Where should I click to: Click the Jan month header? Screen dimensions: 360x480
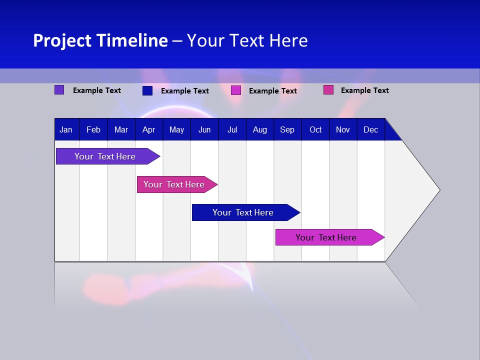pyautogui.click(x=66, y=130)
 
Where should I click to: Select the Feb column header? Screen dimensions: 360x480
pyautogui.click(x=93, y=130)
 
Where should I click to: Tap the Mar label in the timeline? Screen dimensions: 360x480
pyautogui.click(x=121, y=130)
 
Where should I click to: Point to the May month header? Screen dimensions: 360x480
pyautogui.click(x=176, y=130)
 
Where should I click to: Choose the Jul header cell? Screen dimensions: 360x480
pyautogui.click(x=232, y=130)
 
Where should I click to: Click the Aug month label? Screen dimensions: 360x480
pyautogui.click(x=260, y=130)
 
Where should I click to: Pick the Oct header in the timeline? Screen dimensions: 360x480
pyautogui.click(x=315, y=130)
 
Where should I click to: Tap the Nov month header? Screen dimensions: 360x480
pyautogui.click(x=343, y=130)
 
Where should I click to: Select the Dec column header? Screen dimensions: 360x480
pyautogui.click(x=371, y=130)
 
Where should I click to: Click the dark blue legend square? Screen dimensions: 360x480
pyautogui.click(x=147, y=90)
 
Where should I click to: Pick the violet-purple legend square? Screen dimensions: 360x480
pyautogui.click(x=59, y=90)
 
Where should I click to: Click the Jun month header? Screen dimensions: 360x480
pyautogui.click(x=204, y=130)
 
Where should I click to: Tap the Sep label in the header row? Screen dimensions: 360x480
pyautogui.click(x=287, y=130)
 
